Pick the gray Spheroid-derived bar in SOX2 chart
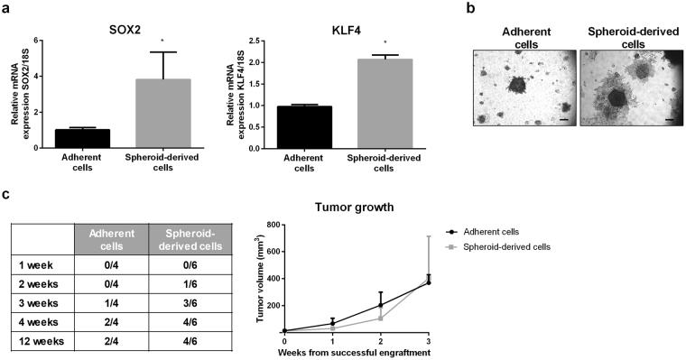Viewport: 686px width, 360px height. (x=163, y=113)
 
